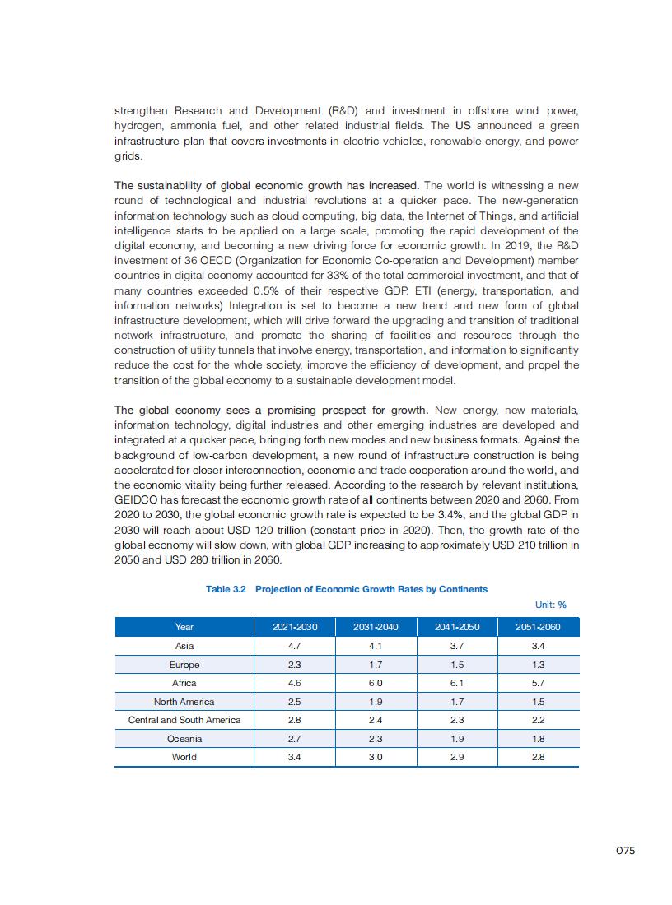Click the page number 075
point(625,851)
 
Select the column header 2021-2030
point(294,627)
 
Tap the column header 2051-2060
point(538,627)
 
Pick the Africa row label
point(184,683)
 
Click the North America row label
point(184,702)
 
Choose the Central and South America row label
point(184,720)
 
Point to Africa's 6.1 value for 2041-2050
point(457,683)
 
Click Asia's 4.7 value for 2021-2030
point(294,646)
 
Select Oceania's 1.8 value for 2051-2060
point(538,739)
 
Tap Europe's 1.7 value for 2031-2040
point(376,665)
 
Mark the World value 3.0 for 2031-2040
point(376,757)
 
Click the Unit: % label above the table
point(551,606)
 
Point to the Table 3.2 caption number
point(226,589)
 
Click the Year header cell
point(184,627)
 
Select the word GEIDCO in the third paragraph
point(137,499)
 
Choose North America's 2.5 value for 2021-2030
point(294,702)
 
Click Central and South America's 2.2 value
point(538,720)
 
